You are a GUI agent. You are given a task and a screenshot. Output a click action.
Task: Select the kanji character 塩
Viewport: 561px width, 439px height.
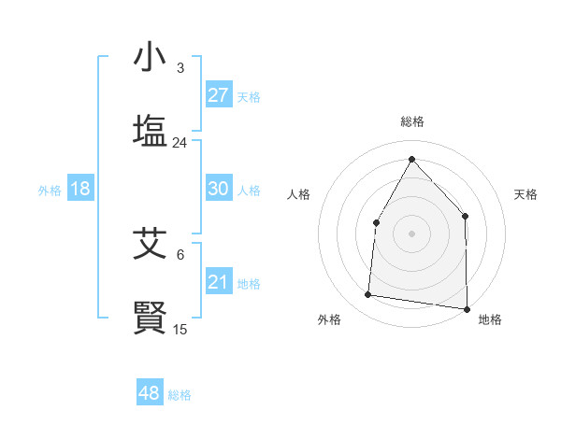150,130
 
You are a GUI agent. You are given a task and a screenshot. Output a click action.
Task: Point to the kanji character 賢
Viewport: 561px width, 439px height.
150,318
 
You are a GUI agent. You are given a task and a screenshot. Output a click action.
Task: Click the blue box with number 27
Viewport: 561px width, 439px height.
219,95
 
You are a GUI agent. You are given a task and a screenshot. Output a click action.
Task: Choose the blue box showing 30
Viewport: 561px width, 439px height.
219,189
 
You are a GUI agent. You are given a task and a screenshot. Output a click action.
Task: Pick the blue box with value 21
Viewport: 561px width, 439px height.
219,282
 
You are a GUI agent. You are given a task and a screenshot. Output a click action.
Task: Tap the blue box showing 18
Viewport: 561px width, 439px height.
80,189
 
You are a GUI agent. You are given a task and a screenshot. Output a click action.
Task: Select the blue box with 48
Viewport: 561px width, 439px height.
150,393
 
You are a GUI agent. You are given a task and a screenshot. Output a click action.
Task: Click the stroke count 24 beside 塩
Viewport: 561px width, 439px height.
180,143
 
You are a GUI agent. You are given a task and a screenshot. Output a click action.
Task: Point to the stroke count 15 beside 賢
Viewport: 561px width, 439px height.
180,330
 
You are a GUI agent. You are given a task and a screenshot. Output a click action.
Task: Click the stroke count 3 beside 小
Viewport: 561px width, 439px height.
180,68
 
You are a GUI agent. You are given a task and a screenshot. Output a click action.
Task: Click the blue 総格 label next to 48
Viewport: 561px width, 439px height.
180,395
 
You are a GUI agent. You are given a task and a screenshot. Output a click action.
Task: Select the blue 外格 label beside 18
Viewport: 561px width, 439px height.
50,191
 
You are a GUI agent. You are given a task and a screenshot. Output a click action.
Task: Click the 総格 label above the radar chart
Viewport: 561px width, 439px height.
411,121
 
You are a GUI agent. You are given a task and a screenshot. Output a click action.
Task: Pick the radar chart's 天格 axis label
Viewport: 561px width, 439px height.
525,194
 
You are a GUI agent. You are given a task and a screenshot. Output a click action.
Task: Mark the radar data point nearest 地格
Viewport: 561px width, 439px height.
467,308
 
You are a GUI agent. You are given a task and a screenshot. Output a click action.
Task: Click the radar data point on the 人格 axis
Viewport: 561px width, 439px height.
376,222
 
